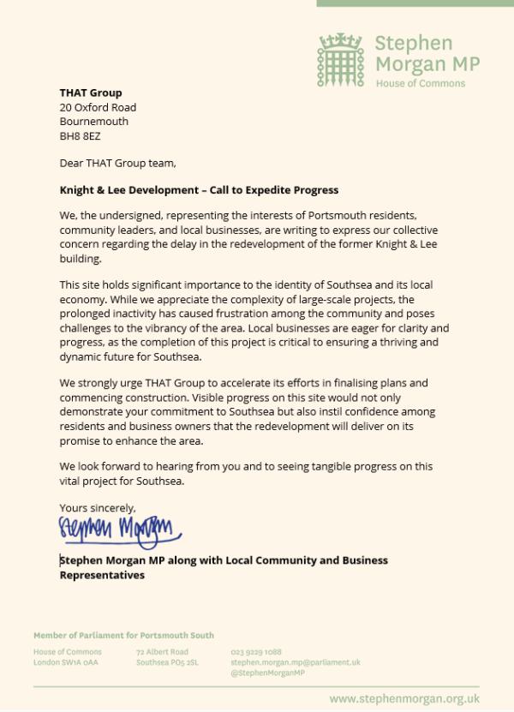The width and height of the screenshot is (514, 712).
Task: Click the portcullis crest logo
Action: (x=343, y=57)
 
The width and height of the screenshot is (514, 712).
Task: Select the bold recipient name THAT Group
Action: (x=91, y=93)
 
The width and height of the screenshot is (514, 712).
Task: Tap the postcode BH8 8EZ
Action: (x=81, y=135)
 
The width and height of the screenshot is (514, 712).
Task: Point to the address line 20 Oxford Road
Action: (x=98, y=107)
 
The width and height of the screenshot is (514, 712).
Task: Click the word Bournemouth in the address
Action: (x=93, y=122)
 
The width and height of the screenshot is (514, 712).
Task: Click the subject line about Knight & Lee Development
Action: (x=199, y=189)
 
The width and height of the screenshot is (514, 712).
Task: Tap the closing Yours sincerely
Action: (x=98, y=507)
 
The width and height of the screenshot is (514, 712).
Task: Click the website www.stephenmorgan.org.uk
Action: (x=404, y=698)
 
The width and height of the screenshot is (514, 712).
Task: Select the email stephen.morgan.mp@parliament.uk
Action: (x=295, y=662)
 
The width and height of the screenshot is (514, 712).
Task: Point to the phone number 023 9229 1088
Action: (x=256, y=652)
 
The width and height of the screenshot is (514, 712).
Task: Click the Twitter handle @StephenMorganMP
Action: (x=267, y=673)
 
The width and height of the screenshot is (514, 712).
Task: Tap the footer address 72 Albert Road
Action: (x=161, y=652)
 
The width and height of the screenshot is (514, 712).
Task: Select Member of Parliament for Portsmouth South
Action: (x=123, y=635)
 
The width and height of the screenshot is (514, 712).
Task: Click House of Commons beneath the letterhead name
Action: (x=420, y=83)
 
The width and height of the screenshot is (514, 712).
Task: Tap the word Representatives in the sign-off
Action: (x=102, y=575)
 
